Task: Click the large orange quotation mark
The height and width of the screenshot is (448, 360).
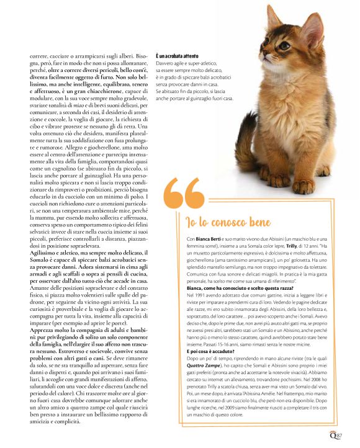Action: pyautogui.click(x=185, y=195)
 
